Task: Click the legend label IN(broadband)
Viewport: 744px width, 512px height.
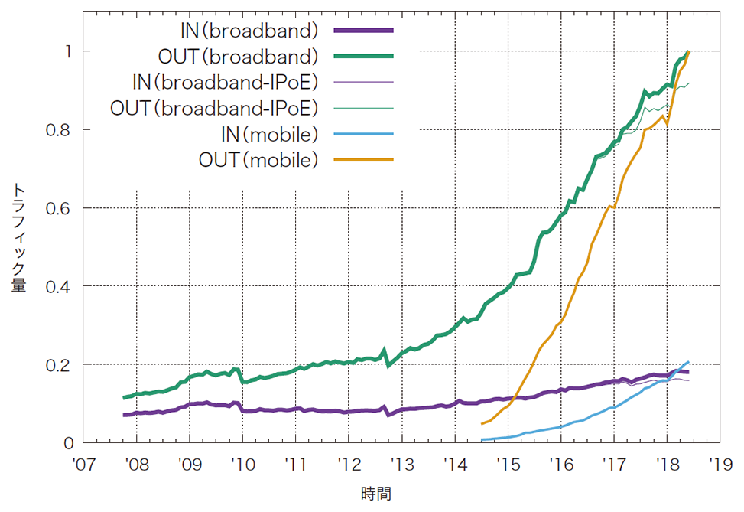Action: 247,31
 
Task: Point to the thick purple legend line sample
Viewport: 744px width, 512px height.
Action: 363,31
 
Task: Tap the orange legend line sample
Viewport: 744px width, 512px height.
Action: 363,160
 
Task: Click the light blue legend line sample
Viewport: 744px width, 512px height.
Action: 363,134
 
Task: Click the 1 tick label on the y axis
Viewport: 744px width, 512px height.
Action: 68,51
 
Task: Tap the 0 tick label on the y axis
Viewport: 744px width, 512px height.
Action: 68,442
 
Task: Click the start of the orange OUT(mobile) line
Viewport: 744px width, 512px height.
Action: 482,423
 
